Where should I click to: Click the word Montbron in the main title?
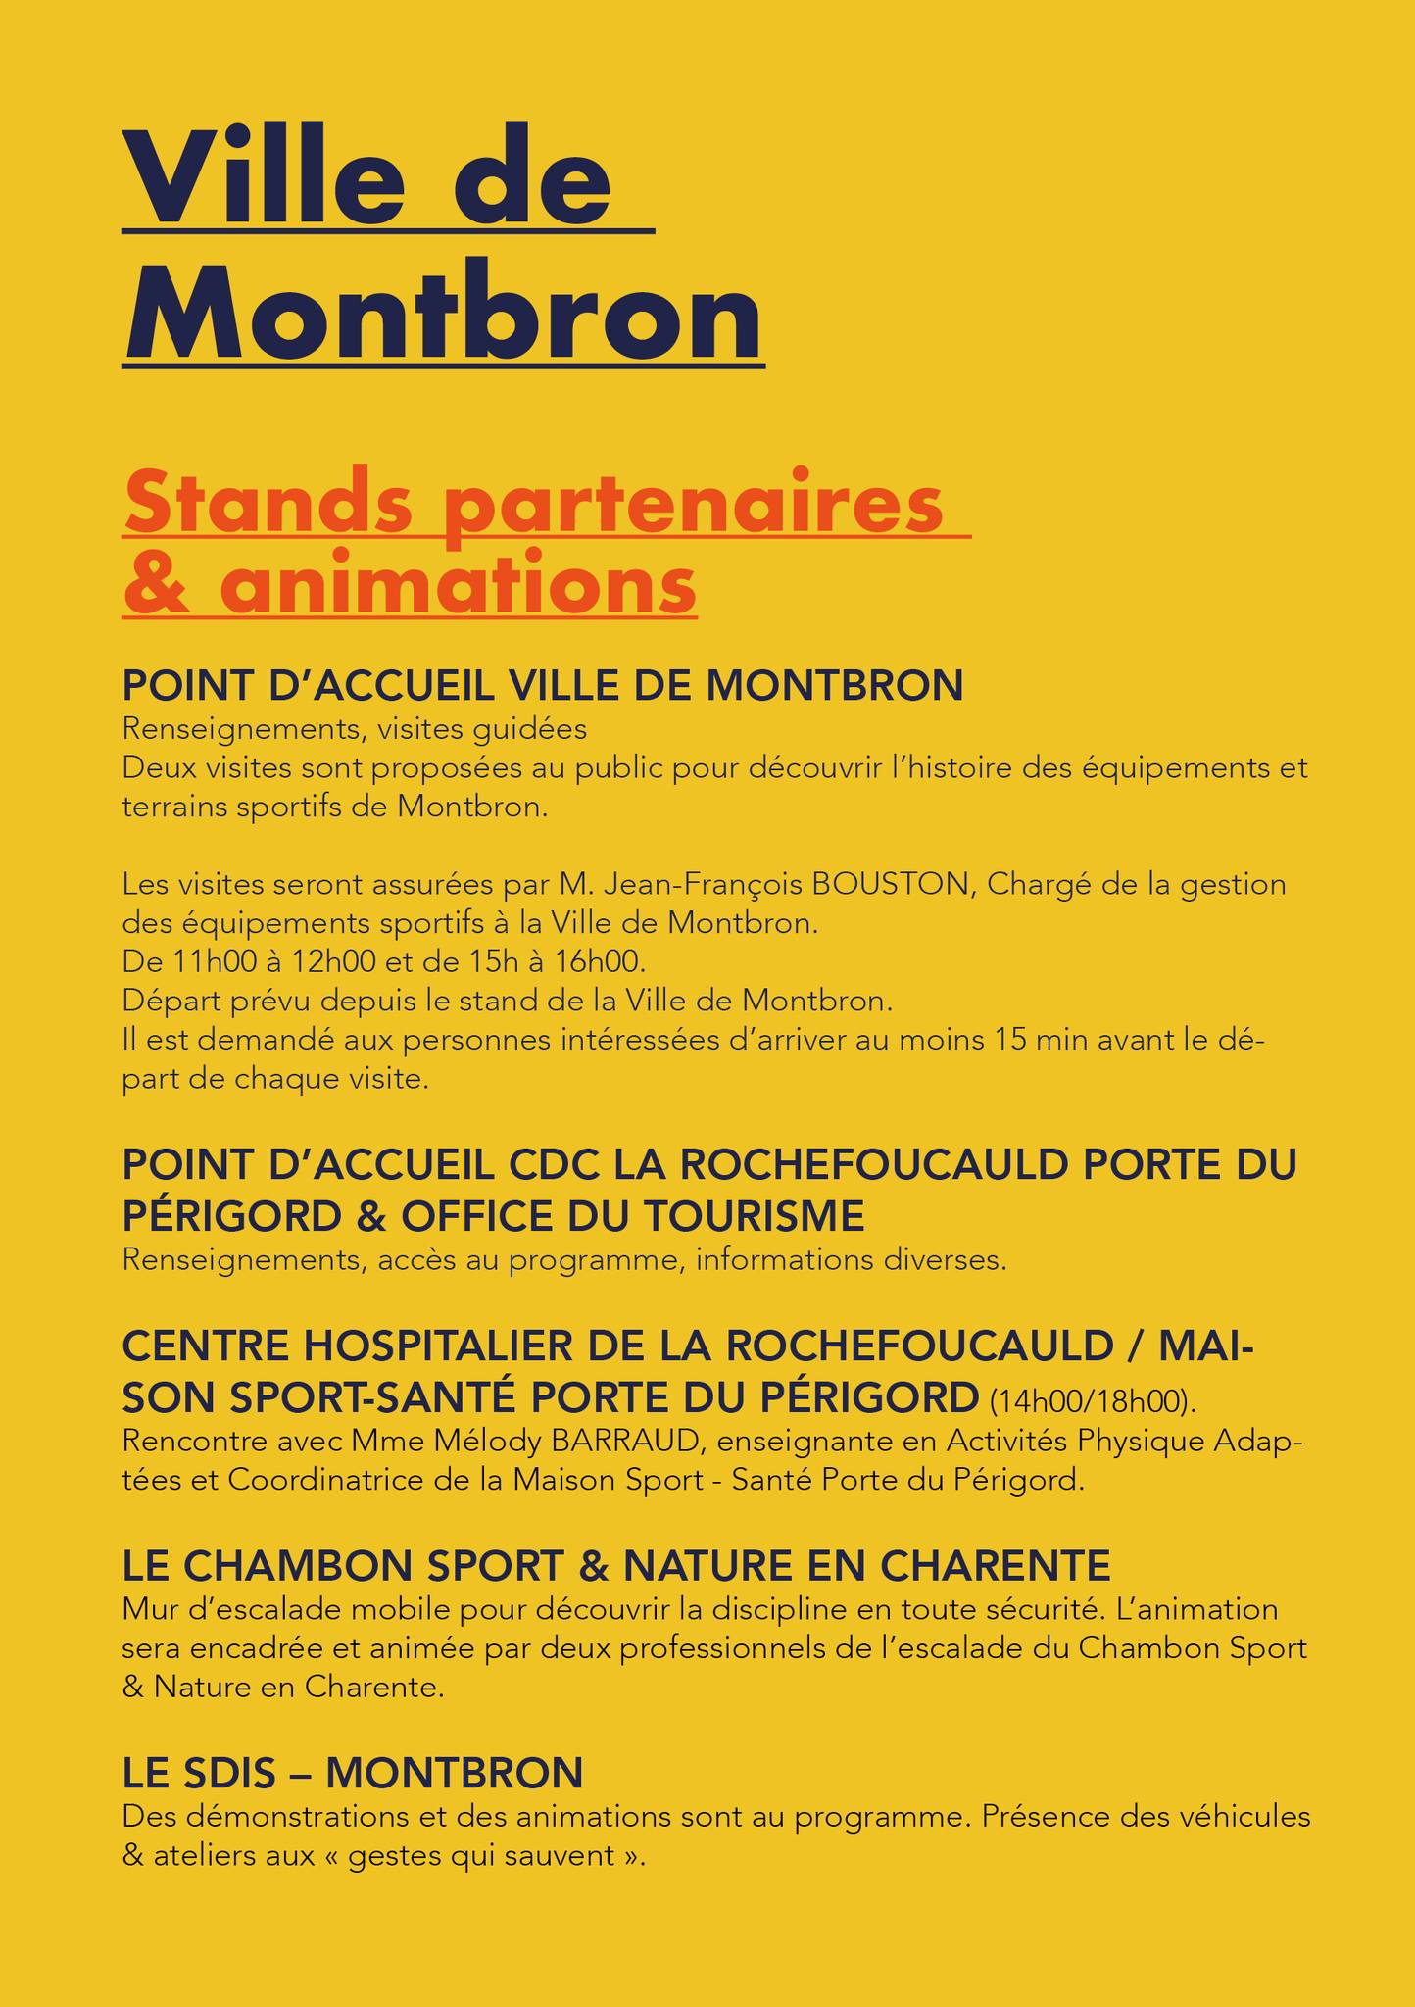click(443, 311)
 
